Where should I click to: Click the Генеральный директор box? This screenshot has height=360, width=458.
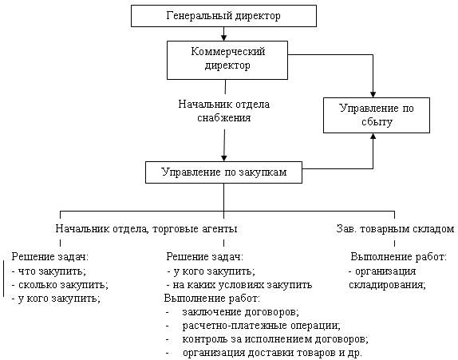(x=223, y=16)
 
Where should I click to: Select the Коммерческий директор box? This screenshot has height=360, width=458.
(x=227, y=60)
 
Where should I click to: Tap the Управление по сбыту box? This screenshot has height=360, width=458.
(x=377, y=115)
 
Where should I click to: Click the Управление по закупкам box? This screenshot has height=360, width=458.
(x=223, y=172)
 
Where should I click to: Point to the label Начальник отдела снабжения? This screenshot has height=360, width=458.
(x=224, y=111)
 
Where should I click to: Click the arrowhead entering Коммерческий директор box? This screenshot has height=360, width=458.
(x=223, y=38)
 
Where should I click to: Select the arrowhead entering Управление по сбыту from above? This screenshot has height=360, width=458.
(x=373, y=94)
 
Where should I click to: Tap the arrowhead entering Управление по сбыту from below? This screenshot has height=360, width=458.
(x=373, y=136)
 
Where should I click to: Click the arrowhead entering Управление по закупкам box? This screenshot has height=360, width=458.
(x=224, y=158)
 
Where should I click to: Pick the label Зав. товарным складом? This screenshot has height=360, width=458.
(x=395, y=228)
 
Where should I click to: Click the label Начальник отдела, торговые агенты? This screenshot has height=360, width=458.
(x=146, y=228)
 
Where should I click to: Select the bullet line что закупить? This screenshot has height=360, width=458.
(x=49, y=271)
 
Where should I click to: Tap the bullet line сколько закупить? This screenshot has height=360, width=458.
(x=60, y=285)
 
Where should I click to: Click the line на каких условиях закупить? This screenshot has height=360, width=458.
(x=239, y=285)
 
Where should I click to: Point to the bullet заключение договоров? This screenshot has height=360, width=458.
(x=232, y=312)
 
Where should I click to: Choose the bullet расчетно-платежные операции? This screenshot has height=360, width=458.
(x=253, y=326)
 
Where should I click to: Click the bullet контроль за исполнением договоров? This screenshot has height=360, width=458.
(x=267, y=339)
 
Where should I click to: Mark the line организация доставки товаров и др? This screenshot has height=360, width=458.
(x=264, y=353)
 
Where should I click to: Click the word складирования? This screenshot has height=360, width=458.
(x=387, y=285)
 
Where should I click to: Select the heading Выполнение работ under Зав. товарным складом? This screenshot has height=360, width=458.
(x=399, y=257)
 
